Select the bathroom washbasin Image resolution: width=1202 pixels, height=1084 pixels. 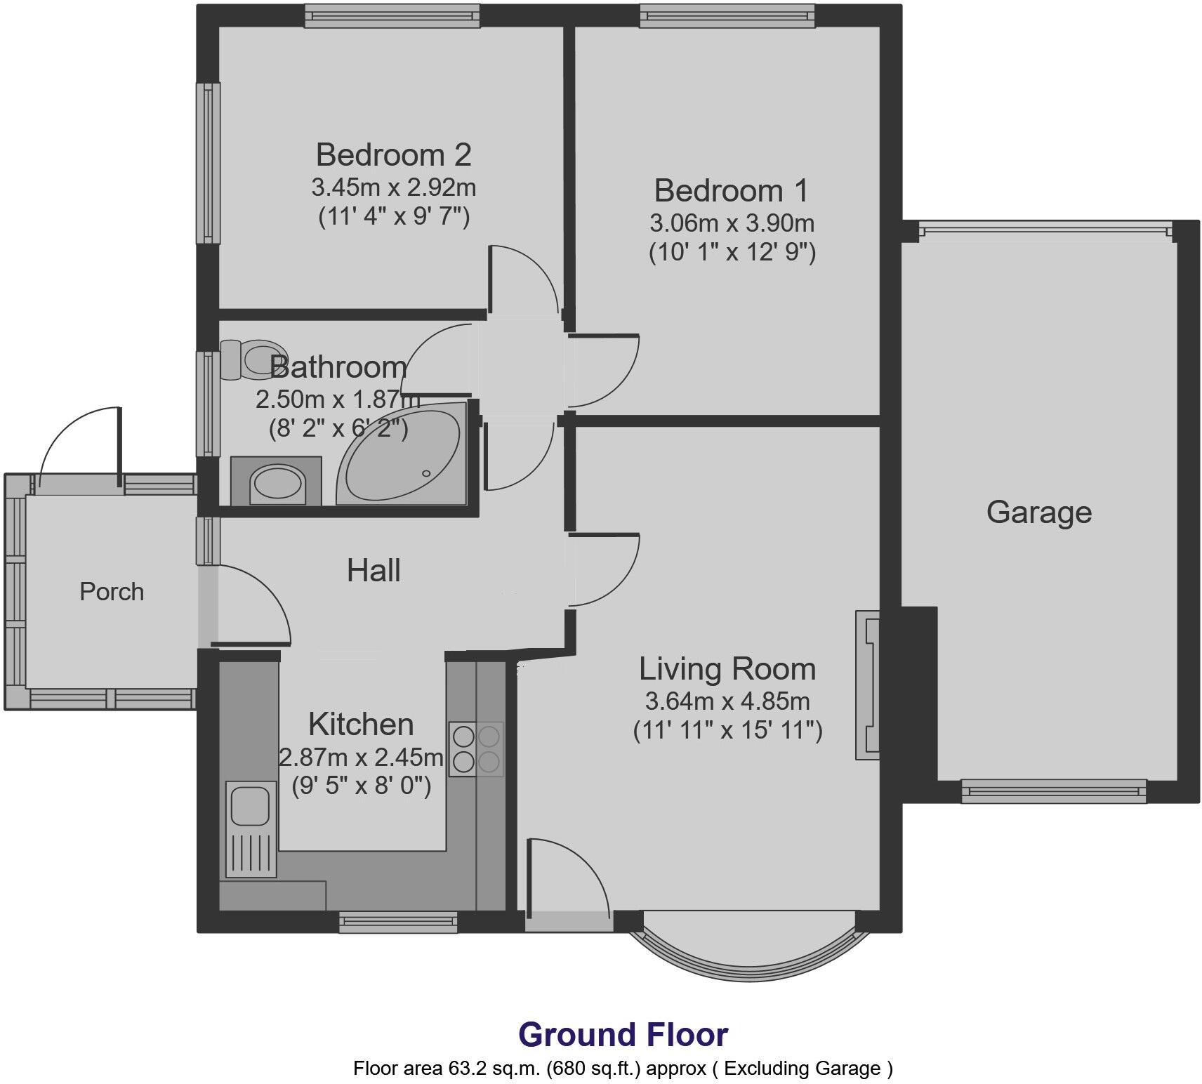277,482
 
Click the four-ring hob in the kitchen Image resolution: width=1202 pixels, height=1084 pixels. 476,748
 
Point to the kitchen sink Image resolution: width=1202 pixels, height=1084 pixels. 247,805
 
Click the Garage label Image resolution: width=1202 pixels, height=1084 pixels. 1038,512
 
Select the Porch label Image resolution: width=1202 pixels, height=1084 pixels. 112,592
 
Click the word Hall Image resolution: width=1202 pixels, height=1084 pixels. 374,571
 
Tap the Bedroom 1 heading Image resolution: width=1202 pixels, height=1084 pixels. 731,190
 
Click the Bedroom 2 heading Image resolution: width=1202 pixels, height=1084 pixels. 393,154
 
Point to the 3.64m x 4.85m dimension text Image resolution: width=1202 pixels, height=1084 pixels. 727,701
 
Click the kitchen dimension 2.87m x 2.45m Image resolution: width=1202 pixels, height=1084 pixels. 361,757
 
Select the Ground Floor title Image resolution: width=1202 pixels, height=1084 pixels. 623,1034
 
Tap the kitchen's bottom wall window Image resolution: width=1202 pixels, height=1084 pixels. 398,921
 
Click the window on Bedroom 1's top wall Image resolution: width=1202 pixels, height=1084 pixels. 727,16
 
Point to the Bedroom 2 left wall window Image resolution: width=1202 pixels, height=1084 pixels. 208,163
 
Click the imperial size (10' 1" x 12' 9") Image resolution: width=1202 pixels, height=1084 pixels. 732,251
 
